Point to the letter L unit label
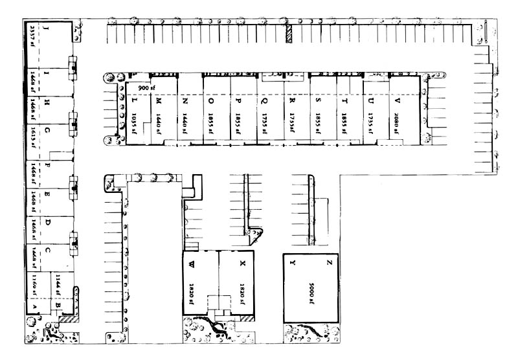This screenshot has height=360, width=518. click(132, 101)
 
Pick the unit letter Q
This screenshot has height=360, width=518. click(265, 101)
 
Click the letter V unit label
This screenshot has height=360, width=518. click(396, 101)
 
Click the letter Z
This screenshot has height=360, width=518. click(329, 264)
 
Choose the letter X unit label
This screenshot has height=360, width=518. click(242, 264)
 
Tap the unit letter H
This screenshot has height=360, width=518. click(47, 102)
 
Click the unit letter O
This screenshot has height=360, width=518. click(212, 101)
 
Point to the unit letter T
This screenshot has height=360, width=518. click(344, 101)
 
